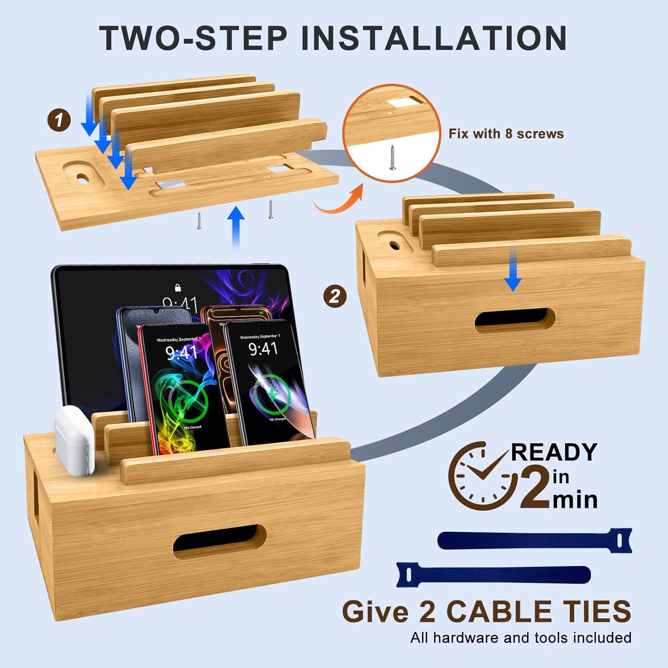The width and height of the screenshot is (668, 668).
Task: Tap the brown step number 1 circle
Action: click(x=59, y=120)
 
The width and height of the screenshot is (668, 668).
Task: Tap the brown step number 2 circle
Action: click(x=335, y=296)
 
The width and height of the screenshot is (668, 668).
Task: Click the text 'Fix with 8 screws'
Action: click(x=506, y=134)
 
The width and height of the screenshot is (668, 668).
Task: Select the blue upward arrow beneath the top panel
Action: click(x=236, y=225)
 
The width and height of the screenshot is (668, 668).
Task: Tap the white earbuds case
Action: click(x=74, y=441)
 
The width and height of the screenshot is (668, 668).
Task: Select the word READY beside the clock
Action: click(x=554, y=452)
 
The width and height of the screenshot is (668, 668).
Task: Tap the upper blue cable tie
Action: click(x=534, y=540)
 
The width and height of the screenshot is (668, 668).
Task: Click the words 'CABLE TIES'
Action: click(x=539, y=611)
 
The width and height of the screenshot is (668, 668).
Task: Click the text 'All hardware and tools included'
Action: click(x=521, y=638)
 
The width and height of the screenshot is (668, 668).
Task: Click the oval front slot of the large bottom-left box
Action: click(x=220, y=542)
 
